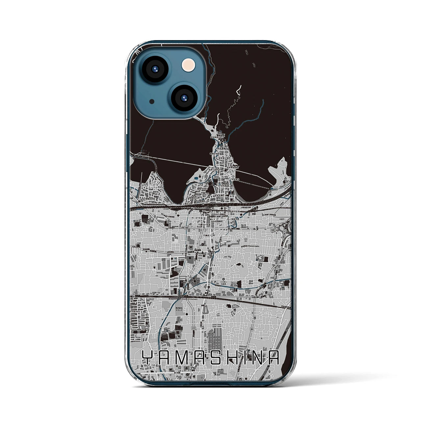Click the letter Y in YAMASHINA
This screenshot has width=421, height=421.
tap(149, 357)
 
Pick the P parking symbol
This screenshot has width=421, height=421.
tap(215, 282)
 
